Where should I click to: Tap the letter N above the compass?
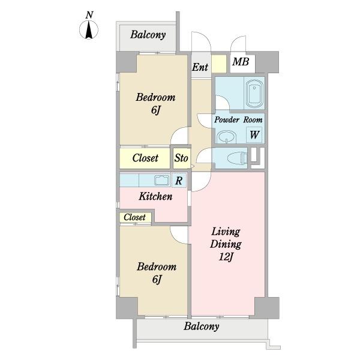(x=89, y=14)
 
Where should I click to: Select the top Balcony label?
(x=148, y=34)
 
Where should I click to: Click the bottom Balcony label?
(x=201, y=327)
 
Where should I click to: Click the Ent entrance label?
(x=200, y=67)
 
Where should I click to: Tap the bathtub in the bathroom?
(x=254, y=94)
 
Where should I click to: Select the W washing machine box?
(x=254, y=135)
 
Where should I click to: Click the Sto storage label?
(x=181, y=159)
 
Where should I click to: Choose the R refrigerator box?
(x=178, y=180)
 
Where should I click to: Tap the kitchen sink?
(x=162, y=180)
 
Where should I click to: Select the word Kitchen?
(x=155, y=196)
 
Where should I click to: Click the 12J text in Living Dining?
(x=226, y=258)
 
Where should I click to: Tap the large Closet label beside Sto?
(x=145, y=158)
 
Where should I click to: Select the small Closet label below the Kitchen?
(x=135, y=217)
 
